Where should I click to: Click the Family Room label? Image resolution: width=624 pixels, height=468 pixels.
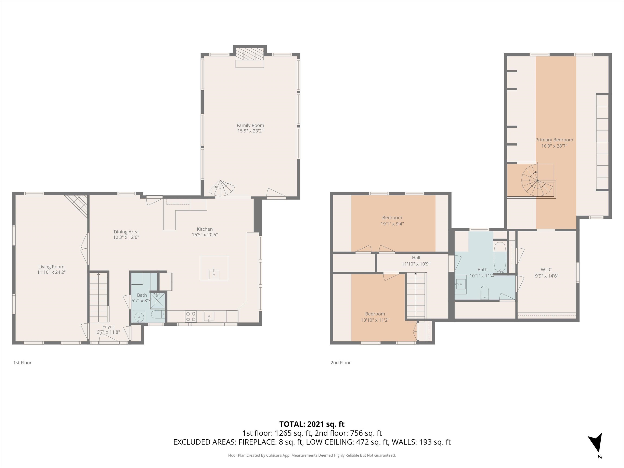click(250, 125)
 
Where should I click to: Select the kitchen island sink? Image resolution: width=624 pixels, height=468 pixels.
click(214, 274)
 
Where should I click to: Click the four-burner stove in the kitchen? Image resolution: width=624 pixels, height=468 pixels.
click(191, 316)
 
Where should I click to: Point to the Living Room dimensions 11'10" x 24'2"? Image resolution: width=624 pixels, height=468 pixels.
click(51, 272)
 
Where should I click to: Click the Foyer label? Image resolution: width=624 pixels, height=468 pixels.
click(108, 327)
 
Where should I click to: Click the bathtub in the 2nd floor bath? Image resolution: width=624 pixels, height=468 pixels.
click(500, 257)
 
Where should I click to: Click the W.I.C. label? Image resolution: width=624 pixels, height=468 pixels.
click(546, 270)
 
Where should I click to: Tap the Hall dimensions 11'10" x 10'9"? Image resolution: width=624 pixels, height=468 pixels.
click(416, 264)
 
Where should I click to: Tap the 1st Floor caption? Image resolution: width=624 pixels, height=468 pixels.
click(23, 363)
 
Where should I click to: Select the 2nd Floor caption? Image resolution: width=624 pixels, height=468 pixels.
click(340, 363)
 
